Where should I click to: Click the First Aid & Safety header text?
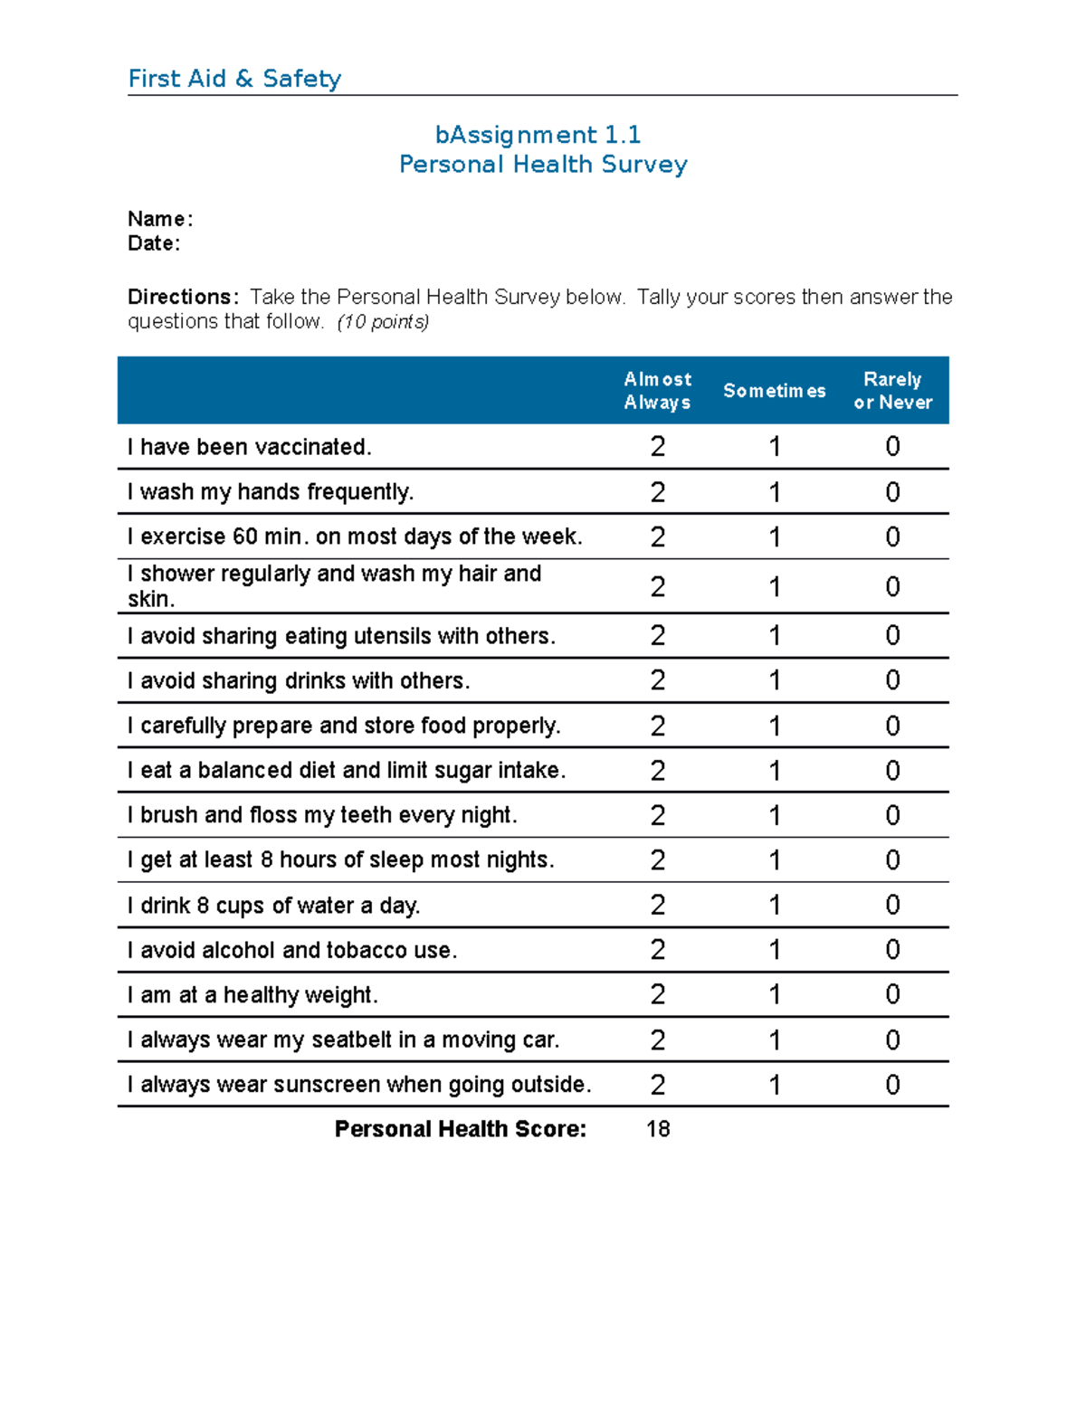[234, 79]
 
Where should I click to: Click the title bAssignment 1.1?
[538, 135]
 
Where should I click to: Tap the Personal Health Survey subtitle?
[543, 165]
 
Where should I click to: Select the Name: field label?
[159, 219]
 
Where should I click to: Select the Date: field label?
[154, 243]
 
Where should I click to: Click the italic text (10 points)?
[383, 322]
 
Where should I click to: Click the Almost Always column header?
[657, 391]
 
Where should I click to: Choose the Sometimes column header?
[774, 391]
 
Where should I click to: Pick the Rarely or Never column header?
[892, 391]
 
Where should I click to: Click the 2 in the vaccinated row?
[658, 447]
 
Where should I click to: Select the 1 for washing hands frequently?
[775, 492]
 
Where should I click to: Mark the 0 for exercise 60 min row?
[892, 537]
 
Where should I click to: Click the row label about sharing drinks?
[299, 681]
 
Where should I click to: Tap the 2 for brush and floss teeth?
[658, 815]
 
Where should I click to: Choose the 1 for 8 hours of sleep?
[775, 860]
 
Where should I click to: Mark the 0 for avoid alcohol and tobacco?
[892, 950]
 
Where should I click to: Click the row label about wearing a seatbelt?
[343, 1040]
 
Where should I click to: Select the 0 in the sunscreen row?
[892, 1085]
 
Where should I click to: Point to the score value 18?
[658, 1129]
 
